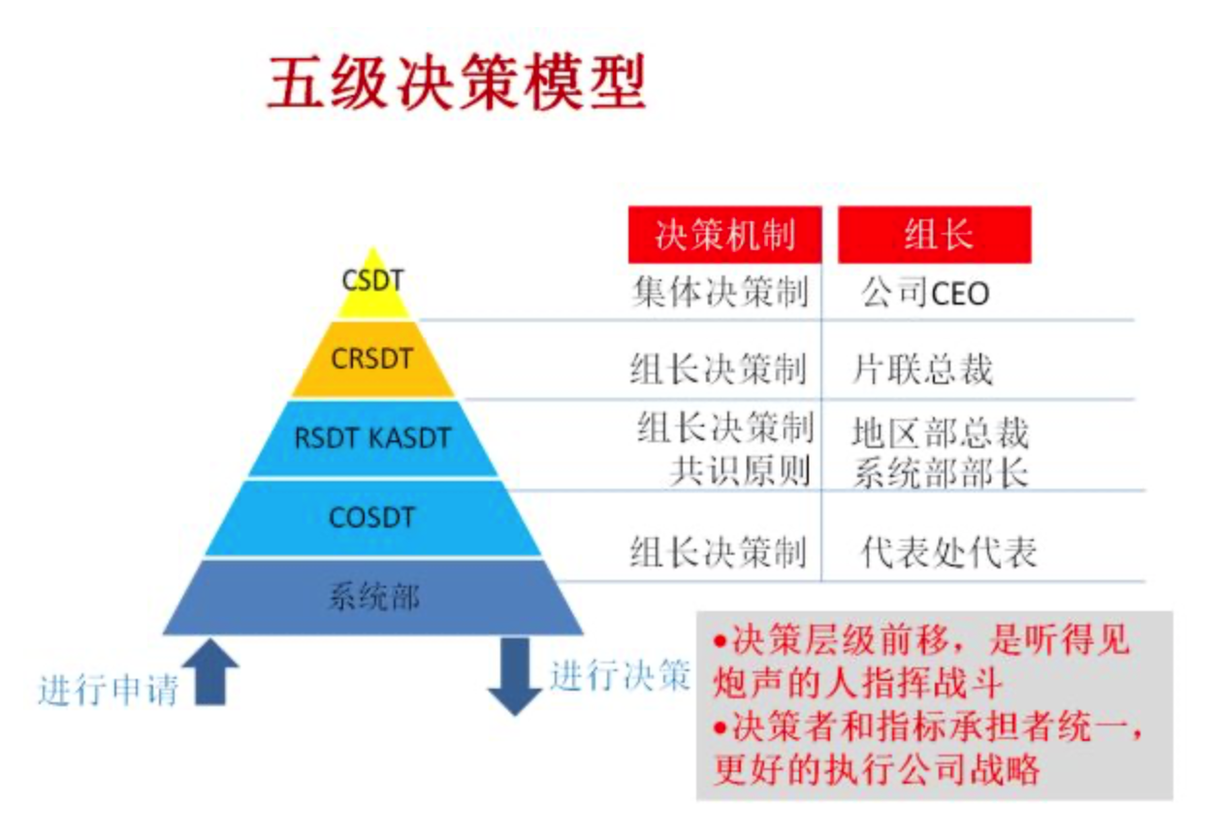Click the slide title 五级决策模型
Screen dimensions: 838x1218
(x=457, y=81)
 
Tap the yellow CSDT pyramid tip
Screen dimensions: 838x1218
(x=373, y=287)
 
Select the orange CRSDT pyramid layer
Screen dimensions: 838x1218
(x=372, y=360)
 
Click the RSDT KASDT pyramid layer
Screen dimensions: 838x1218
(x=372, y=438)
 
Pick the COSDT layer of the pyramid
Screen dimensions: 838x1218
(x=372, y=518)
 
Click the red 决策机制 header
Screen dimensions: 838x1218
(x=724, y=235)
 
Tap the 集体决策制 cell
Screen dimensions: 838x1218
(x=720, y=292)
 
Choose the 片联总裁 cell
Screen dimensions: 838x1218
(x=922, y=370)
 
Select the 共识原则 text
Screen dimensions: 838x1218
(x=740, y=470)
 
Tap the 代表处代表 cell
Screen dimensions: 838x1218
(x=947, y=552)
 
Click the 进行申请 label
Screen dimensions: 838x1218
(x=109, y=691)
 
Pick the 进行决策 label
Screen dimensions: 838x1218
(x=620, y=675)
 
